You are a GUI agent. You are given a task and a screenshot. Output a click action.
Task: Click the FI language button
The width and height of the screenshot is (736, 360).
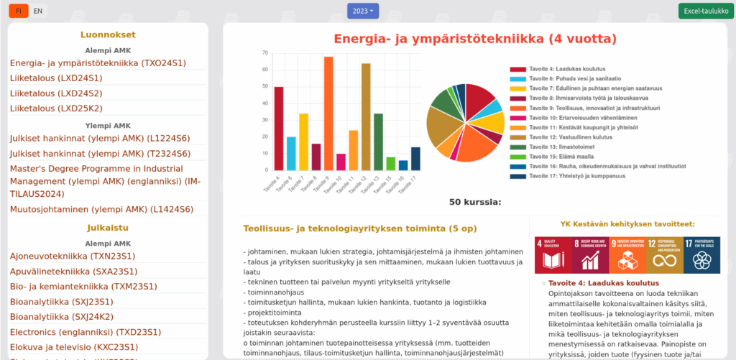coord(18,11)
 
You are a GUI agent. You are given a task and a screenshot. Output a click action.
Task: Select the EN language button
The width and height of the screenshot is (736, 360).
coord(38,11)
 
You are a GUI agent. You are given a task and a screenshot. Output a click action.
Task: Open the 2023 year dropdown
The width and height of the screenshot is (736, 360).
coord(362,11)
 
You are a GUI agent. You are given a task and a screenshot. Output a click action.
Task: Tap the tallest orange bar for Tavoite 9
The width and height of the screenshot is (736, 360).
coord(328,115)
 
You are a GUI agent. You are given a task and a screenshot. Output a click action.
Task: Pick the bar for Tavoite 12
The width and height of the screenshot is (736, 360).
coord(366,119)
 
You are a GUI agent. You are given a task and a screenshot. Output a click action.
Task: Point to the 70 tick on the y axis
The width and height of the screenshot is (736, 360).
coord(265,52)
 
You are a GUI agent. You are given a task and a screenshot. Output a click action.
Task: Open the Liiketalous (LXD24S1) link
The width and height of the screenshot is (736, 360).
coord(56,78)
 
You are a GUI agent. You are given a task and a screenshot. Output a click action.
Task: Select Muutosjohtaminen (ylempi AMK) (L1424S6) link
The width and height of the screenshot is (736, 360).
coord(101,209)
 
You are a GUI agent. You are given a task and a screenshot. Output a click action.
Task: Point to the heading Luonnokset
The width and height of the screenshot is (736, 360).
coord(108,34)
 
